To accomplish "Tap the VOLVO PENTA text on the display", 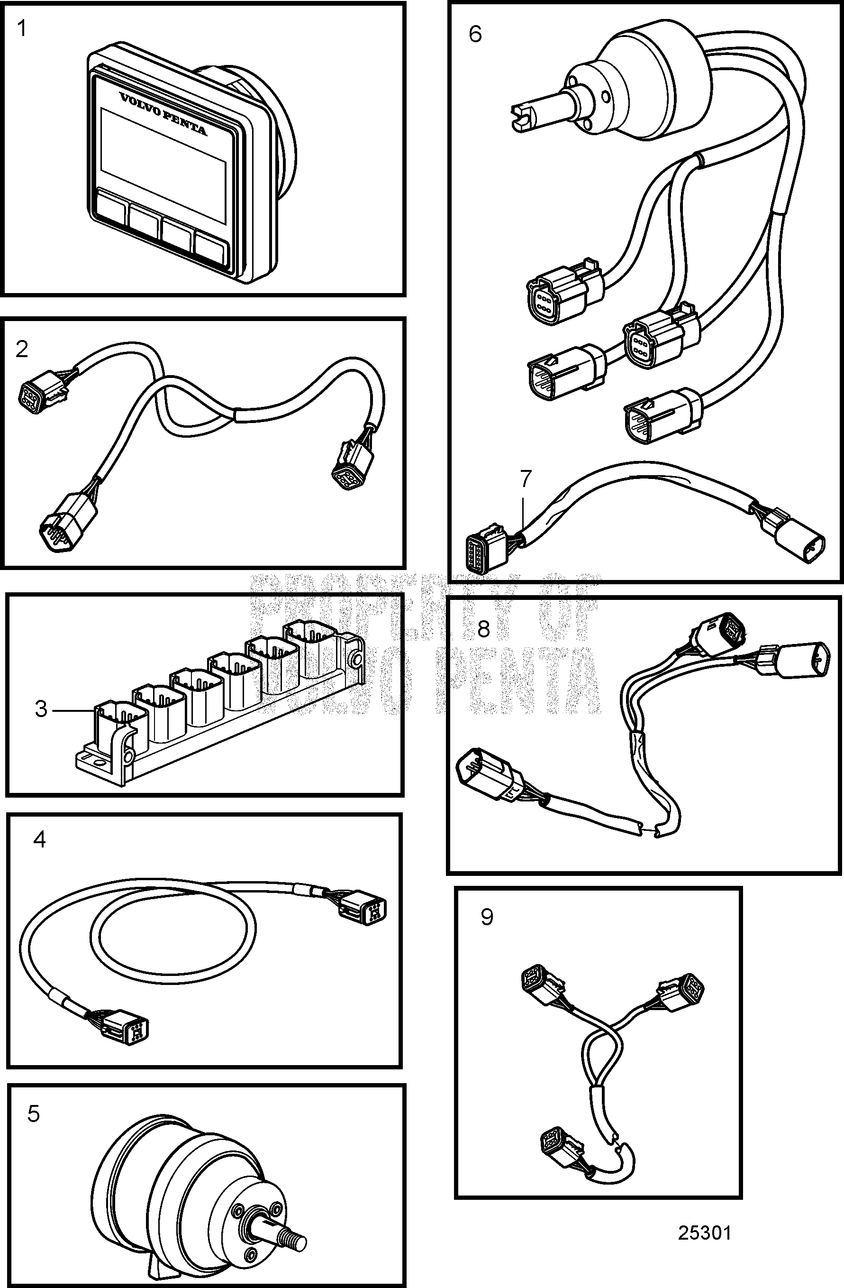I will tap(162, 114).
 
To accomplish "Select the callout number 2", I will tap(22, 350).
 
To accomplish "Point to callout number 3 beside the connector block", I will tap(41, 709).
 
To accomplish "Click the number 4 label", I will tap(39, 839).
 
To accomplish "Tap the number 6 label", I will tap(475, 35).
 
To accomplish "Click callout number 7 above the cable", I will tap(526, 478).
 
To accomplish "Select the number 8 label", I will tap(483, 629).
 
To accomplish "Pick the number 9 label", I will tap(487, 917).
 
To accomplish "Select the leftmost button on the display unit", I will tap(111, 208).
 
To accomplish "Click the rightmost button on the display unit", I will tap(211, 248).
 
